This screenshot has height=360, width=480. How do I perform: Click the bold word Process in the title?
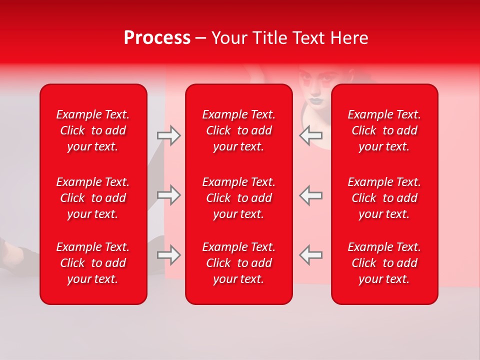point(157,38)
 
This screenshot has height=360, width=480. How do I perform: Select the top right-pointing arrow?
point(168,135)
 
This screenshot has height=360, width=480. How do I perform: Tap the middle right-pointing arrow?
point(168,195)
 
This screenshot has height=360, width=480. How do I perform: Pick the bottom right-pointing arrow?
point(168,255)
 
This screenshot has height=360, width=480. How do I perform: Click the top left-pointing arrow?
point(311,135)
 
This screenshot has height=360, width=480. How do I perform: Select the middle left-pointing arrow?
point(311,195)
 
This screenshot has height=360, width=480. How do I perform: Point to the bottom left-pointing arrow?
point(311,255)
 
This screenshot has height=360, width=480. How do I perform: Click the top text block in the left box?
point(93,130)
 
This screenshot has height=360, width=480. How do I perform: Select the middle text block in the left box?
point(93,198)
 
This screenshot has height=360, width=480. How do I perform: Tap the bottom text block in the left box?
point(93,263)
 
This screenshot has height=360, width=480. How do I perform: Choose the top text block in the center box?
point(238,130)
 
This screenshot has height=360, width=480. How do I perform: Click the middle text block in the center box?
point(238,198)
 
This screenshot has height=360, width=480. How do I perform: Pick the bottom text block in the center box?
point(238,263)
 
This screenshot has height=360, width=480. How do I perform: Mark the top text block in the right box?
point(384,130)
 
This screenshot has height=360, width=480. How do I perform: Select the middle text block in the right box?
point(384,198)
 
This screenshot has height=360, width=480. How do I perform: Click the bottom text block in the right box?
point(384,263)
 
